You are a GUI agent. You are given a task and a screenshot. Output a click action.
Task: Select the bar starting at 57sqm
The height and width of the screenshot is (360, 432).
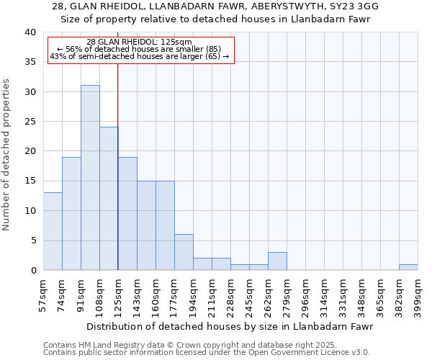tap(53, 231)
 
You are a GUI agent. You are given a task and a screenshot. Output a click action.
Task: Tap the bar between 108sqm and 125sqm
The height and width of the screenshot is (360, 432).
tap(109, 199)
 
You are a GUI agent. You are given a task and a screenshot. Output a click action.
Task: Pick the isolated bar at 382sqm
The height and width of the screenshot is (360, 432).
tap(408, 267)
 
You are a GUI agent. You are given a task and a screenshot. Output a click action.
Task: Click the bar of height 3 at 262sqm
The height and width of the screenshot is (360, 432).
tap(277, 261)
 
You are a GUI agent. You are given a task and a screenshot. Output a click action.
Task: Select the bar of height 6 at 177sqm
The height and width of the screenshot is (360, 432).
tap(184, 252)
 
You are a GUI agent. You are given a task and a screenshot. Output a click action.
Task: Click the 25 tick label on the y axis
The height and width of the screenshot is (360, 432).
tap(30, 122)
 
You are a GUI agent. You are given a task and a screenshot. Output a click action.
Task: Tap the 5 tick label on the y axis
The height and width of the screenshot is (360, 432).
tap(32, 240)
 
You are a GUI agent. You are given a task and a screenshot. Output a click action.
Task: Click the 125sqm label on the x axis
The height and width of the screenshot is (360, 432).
tap(119, 296)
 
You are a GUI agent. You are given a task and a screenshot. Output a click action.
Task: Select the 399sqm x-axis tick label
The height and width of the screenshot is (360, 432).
tap(418, 296)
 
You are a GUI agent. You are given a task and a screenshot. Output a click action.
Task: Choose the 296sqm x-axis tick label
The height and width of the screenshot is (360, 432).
tap(306, 296)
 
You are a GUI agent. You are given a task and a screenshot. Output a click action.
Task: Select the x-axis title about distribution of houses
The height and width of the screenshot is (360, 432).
tap(231, 326)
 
